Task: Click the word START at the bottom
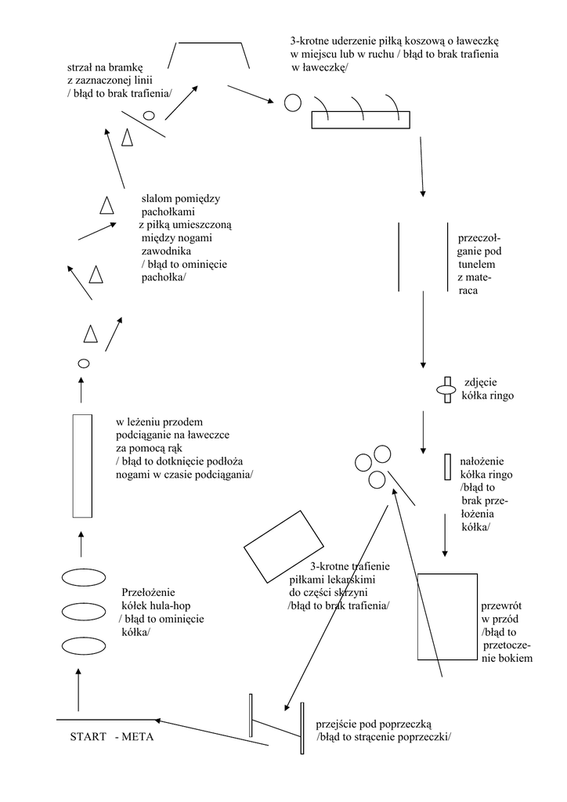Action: point(88,738)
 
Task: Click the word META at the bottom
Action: point(139,738)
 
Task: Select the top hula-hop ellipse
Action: point(83,577)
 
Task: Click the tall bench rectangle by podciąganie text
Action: point(82,465)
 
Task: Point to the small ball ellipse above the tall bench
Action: point(83,363)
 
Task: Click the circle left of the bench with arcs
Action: point(291,102)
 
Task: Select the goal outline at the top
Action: point(213,55)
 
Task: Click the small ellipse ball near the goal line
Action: point(149,115)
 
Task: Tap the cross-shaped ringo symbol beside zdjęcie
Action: point(446,388)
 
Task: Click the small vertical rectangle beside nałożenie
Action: point(447,467)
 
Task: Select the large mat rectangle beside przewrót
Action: point(447,617)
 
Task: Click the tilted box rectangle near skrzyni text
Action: point(284,546)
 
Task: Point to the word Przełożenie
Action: point(150,592)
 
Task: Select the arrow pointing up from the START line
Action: point(78,689)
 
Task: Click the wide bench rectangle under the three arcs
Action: point(360,120)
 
